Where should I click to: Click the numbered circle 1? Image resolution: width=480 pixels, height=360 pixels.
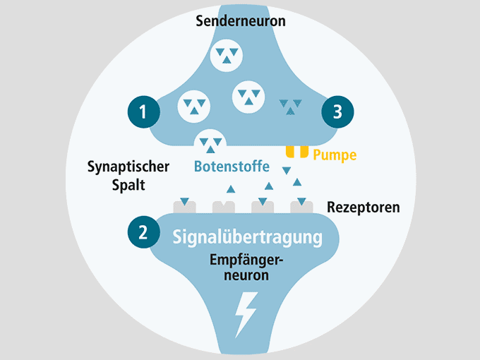point(143,112)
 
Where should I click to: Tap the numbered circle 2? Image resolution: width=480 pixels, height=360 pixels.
point(143,232)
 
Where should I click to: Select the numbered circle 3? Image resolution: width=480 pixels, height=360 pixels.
point(337,112)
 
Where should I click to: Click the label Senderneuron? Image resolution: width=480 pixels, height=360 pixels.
point(241,21)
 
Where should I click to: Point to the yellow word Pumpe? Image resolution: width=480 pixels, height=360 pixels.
point(335,155)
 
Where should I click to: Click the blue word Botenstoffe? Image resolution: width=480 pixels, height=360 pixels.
point(232,167)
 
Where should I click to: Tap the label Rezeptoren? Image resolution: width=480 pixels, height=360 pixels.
point(364,208)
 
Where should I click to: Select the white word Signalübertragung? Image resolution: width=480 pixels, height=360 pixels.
point(247,237)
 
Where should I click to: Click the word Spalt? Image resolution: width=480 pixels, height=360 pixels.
point(128,185)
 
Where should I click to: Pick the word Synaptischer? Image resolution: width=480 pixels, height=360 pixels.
point(128,167)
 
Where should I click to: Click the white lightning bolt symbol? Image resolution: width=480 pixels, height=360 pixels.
point(246,315)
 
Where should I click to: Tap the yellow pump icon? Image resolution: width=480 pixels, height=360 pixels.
point(297,152)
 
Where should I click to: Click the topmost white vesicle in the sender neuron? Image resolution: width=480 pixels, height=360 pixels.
point(227,56)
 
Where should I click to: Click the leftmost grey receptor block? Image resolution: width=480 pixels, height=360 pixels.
point(185,207)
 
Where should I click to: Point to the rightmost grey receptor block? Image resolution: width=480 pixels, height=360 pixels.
point(301,207)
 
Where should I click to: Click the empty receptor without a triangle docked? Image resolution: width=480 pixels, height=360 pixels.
point(224,208)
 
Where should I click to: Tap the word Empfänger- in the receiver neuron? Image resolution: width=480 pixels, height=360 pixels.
point(246,260)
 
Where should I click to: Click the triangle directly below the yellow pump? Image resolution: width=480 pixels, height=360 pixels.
point(287,171)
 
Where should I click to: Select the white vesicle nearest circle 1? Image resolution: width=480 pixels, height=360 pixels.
point(194,107)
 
